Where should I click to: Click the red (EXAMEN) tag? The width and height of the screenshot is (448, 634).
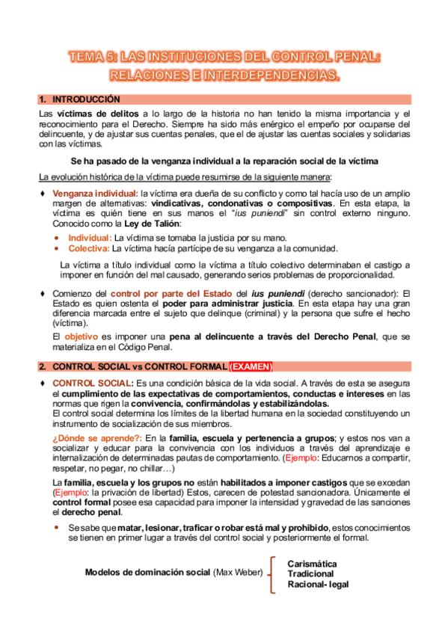pyautogui.click(x=251, y=366)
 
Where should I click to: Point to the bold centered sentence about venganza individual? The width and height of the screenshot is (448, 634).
pyautogui.click(x=224, y=161)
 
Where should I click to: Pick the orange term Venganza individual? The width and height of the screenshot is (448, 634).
pyautogui.click(x=95, y=193)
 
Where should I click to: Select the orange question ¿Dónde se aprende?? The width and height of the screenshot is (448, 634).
pyautogui.click(x=98, y=437)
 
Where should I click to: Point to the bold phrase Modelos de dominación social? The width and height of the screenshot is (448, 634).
pyautogui.click(x=147, y=573)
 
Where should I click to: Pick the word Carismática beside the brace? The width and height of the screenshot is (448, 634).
pyautogui.click(x=312, y=562)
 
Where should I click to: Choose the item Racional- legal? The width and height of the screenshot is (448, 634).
pyautogui.click(x=318, y=584)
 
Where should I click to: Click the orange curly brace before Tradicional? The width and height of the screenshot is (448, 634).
pyautogui.click(x=273, y=573)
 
